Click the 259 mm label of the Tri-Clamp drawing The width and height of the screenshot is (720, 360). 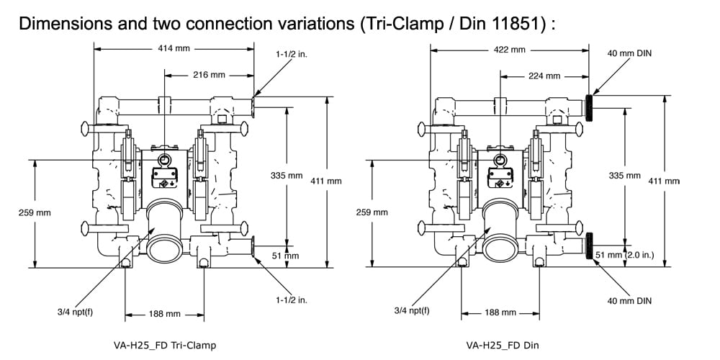[35, 212]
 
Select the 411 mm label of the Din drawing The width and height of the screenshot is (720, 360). [664, 181]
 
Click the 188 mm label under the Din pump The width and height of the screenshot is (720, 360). [499, 313]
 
